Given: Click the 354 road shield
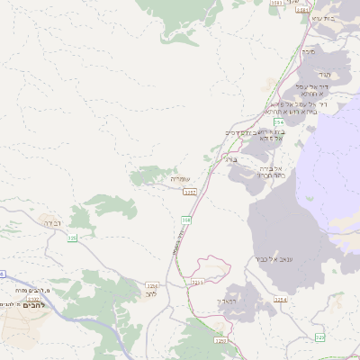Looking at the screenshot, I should [x=280, y=121].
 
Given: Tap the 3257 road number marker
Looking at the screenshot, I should [x=189, y=191].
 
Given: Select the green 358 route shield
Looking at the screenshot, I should [x=186, y=219].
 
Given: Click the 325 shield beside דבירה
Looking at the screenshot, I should [x=72, y=237].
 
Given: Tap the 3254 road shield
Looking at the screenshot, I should [x=280, y=300].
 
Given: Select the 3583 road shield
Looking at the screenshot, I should [x=276, y=4].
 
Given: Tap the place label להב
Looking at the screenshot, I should [x=150, y=293].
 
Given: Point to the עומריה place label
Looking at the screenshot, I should [x=184, y=179].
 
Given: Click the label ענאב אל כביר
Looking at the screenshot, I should [x=269, y=259].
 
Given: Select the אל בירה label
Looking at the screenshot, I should [x=271, y=168].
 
